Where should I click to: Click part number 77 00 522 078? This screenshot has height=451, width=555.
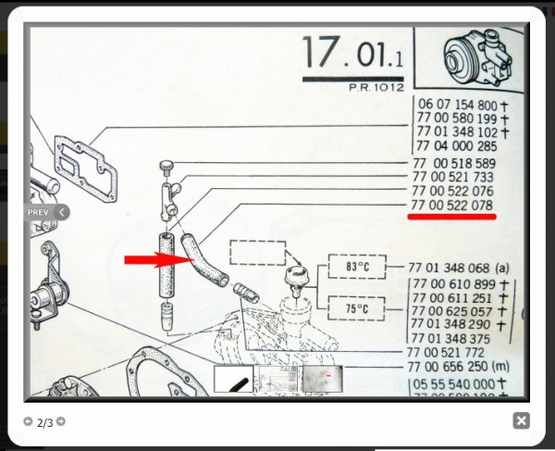pos(452,205)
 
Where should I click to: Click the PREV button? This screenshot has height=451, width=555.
pos(44,212)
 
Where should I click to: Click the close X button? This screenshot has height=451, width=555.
pos(522,421)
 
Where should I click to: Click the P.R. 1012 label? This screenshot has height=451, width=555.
pos(370,88)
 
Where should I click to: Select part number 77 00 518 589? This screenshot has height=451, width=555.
pos(452,163)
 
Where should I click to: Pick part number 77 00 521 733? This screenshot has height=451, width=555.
pos(452,177)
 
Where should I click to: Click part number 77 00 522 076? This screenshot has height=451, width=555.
pos(452,191)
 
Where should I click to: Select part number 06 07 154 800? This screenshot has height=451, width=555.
pos(457,106)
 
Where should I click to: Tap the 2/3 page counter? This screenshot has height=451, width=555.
pos(45,422)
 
